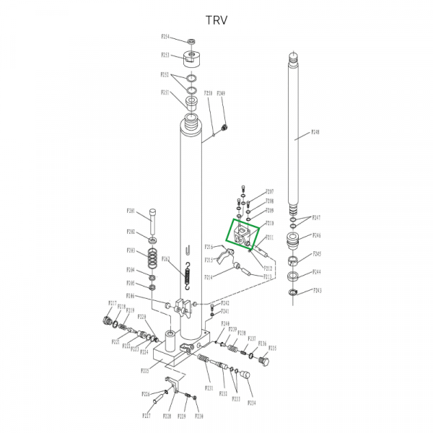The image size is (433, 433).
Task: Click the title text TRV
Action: (216, 19)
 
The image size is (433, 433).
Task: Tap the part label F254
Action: (165, 36)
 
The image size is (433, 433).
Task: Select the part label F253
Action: (165, 55)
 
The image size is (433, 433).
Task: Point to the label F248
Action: (315, 132)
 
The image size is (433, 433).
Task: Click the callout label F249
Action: (221, 93)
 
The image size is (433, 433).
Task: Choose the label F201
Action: (131, 211)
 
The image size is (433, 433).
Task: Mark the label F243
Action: (316, 291)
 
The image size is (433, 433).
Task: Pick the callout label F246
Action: (316, 236)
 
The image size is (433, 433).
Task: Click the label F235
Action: (273, 348)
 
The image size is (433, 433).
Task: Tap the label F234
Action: (251, 402)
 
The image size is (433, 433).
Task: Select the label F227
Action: (146, 416)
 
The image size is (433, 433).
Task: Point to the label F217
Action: (113, 302)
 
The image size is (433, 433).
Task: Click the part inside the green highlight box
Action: (244, 235)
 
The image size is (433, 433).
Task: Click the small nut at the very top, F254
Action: (191, 40)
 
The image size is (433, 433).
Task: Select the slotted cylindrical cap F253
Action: (191, 58)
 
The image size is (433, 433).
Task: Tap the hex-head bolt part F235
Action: (263, 359)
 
